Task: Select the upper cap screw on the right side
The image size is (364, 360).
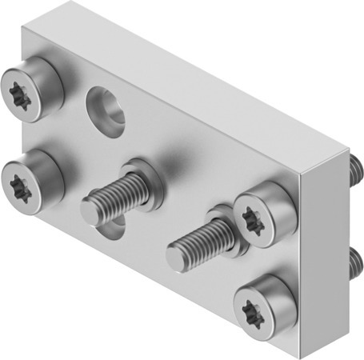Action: [261, 215]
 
